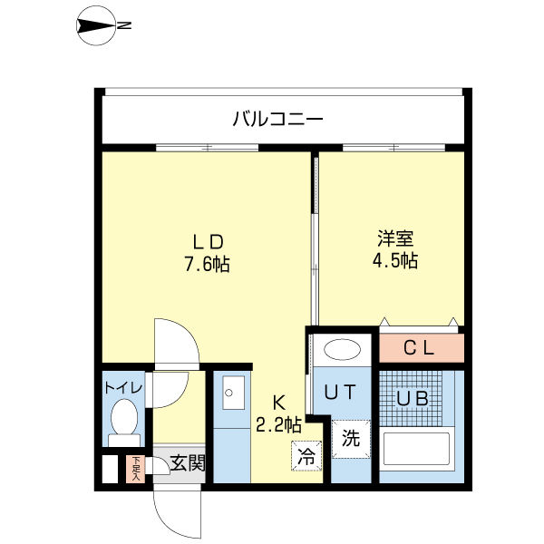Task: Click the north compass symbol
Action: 96,25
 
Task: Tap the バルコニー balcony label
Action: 277,119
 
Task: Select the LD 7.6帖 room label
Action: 207,253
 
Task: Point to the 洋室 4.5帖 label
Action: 395,249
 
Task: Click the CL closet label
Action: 419,347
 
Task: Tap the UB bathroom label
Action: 413,399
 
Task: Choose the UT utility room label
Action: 340,392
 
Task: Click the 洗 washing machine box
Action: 351,439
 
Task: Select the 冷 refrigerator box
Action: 306,456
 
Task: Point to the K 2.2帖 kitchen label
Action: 278,414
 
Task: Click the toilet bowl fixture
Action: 124,423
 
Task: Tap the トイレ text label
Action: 124,387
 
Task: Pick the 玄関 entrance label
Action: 188,462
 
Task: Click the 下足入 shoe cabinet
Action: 135,469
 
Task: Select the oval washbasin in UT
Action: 342,349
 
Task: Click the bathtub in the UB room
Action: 417,449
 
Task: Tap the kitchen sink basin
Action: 233,393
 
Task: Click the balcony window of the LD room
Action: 207,148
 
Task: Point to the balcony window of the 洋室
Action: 394,148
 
